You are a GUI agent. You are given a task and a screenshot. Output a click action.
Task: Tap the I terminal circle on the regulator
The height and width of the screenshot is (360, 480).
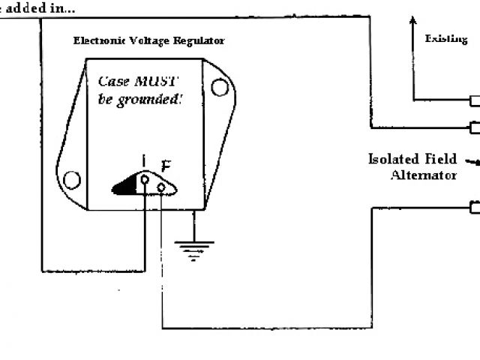click(145, 179)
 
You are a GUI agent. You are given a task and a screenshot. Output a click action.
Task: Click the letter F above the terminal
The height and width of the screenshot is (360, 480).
click(166, 166)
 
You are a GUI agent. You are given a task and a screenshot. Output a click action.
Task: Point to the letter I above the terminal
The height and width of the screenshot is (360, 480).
click(144, 160)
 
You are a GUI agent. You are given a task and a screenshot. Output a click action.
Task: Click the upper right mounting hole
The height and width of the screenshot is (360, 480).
click(219, 88)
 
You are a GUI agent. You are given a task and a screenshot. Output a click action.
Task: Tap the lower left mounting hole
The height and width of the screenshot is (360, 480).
click(71, 179)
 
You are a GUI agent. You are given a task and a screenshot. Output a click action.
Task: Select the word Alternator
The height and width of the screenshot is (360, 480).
click(423, 175)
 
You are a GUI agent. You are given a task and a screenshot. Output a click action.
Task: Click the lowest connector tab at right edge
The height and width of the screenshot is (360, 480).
click(475, 207)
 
